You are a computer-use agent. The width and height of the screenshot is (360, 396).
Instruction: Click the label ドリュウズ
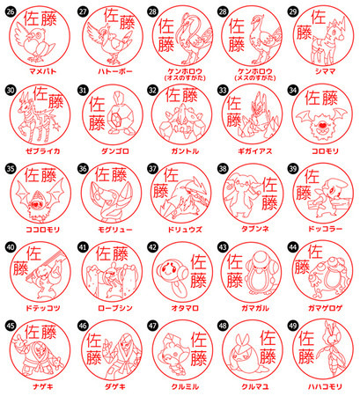179,225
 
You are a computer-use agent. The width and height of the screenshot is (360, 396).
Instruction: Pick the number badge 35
11,168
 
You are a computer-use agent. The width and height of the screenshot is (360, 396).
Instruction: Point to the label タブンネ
250,225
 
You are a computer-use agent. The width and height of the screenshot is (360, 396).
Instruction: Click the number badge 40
11,247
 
